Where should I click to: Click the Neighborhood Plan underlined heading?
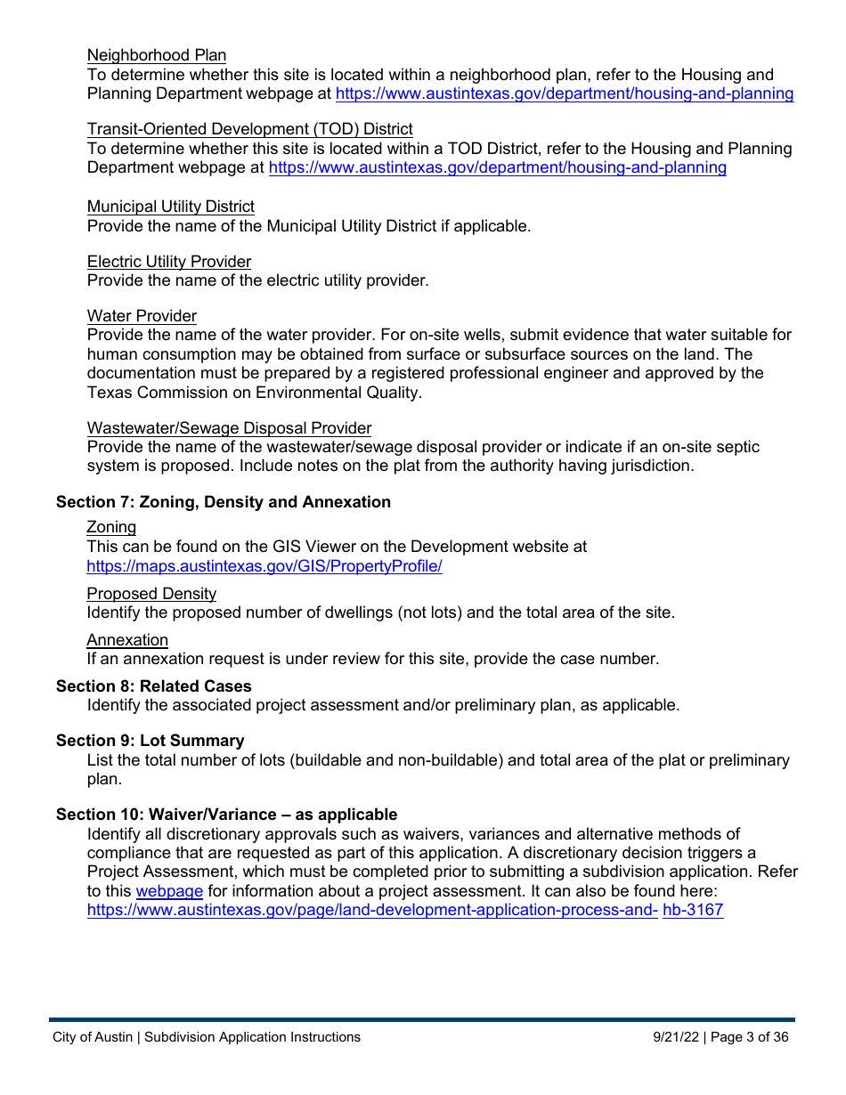tap(157, 55)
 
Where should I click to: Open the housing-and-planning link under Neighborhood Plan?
tap(565, 93)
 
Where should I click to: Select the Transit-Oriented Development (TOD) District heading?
tap(249, 129)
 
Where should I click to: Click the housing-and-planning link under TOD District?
tap(497, 167)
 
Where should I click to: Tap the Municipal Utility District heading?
tap(171, 207)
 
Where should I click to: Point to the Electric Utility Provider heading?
tap(169, 262)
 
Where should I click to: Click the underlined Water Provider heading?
tap(142, 316)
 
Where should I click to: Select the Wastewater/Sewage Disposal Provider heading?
tap(229, 428)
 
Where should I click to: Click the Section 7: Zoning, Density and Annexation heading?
tap(224, 502)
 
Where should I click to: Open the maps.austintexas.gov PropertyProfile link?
tap(264, 566)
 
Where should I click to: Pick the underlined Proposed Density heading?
tap(151, 594)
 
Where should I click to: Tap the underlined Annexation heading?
tap(127, 640)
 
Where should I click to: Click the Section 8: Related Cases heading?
tap(154, 686)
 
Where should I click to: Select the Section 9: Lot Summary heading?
tap(150, 741)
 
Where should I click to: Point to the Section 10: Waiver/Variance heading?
tap(226, 815)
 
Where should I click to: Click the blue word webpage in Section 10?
tap(169, 891)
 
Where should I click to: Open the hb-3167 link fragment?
tap(693, 911)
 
